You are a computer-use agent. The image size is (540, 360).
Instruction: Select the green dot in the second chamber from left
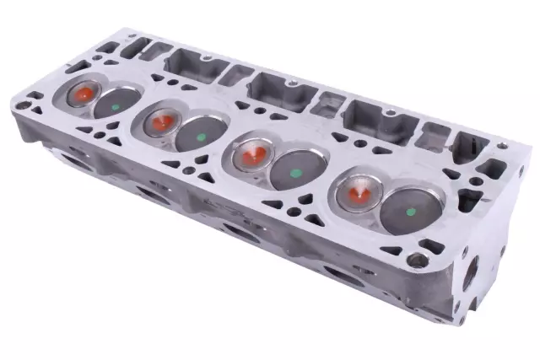[199, 135]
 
